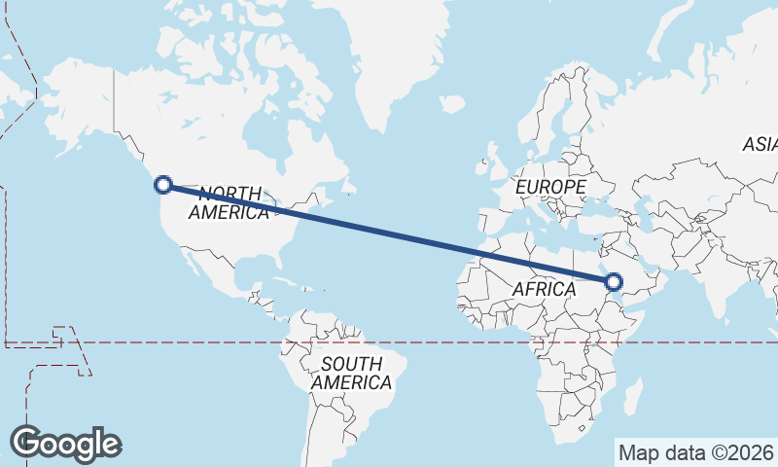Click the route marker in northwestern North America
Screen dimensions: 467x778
(163, 184)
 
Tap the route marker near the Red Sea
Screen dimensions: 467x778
(613, 282)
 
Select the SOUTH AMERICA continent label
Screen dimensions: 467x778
(351, 374)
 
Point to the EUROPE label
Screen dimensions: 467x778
(551, 186)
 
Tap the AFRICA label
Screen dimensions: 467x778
(544, 289)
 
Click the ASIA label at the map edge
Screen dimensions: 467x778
(760, 145)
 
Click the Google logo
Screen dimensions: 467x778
(66, 444)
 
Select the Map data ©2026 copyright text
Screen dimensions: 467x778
(695, 452)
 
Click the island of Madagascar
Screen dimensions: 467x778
(633, 397)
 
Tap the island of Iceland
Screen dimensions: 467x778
(452, 102)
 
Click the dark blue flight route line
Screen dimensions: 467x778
(389, 233)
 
